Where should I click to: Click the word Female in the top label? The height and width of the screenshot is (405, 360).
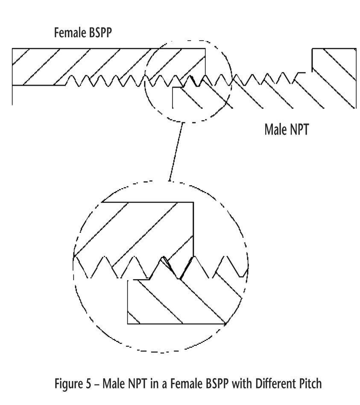pyautogui.click(x=68, y=33)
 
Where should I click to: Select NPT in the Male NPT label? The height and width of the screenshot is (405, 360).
pyautogui.click(x=299, y=129)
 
